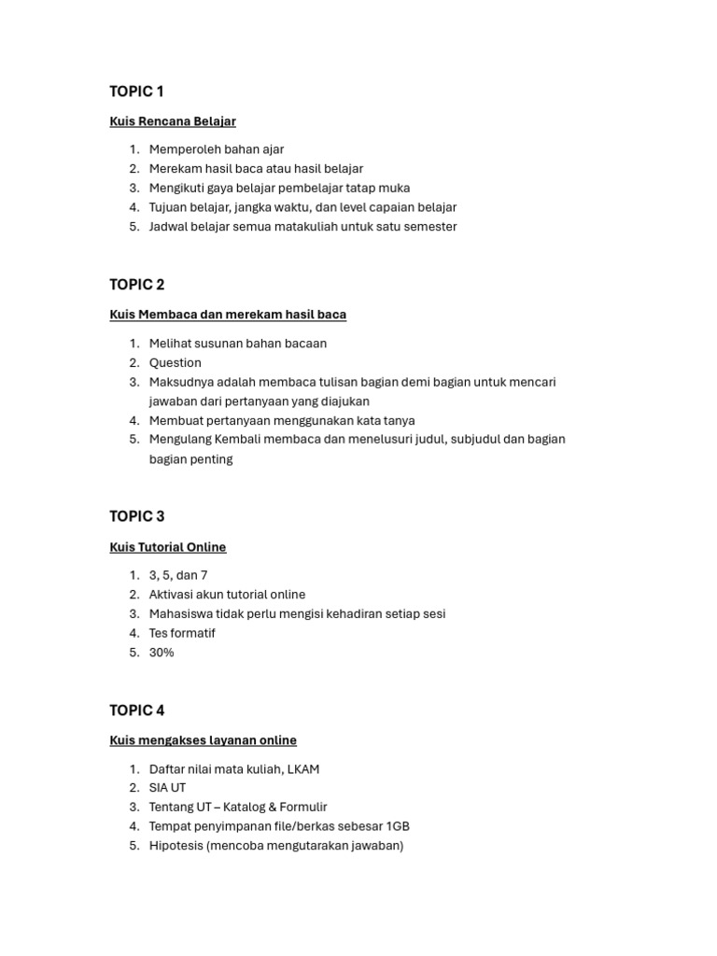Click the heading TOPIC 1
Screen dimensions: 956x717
pyautogui.click(x=136, y=91)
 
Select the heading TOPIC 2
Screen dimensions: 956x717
pyautogui.click(x=136, y=285)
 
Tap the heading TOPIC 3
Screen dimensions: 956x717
pyautogui.click(x=136, y=516)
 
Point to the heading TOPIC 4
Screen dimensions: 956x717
pyautogui.click(x=136, y=710)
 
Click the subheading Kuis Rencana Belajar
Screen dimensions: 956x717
pyautogui.click(x=173, y=121)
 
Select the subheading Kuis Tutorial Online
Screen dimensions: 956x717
pyautogui.click(x=168, y=547)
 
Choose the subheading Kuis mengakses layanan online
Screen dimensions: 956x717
pyautogui.click(x=203, y=740)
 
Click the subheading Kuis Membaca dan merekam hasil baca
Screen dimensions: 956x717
pyautogui.click(x=228, y=315)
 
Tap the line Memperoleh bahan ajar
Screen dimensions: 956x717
pyautogui.click(x=217, y=149)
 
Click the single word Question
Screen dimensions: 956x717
pyautogui.click(x=176, y=363)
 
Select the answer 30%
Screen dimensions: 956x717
pyautogui.click(x=162, y=653)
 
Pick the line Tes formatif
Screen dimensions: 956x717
pyautogui.click(x=182, y=633)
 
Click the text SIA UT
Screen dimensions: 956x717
pyautogui.click(x=167, y=788)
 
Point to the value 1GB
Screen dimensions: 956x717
pyautogui.click(x=396, y=826)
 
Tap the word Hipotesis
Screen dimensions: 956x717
pyautogui.click(x=177, y=846)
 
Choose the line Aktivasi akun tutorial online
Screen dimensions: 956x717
pyautogui.click(x=227, y=595)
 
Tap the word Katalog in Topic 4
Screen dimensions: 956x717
pyautogui.click(x=246, y=808)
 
